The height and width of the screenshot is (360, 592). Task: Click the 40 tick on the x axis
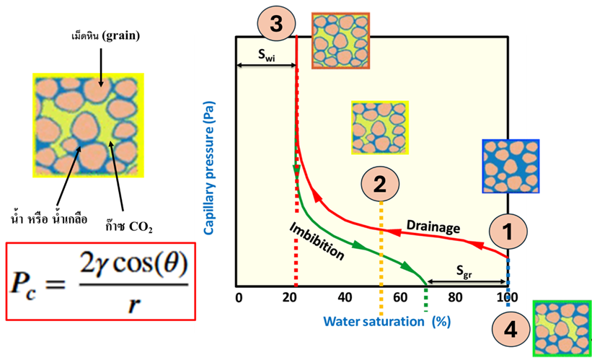(x=345, y=297)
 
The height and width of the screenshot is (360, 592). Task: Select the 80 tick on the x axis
(x=454, y=297)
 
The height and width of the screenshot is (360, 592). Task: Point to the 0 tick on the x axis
(x=238, y=297)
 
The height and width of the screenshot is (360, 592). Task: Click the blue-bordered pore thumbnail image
(x=511, y=167)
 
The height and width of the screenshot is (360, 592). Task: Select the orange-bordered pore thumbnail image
(x=340, y=40)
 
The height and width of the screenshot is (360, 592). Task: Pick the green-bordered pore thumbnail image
(x=561, y=328)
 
